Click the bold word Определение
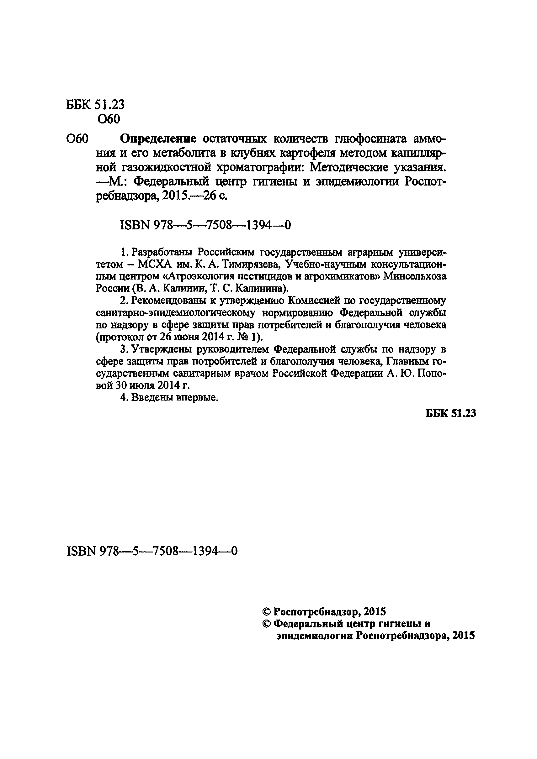(x=158, y=139)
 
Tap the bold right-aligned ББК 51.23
(x=450, y=413)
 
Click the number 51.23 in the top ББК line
(x=109, y=104)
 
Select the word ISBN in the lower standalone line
(x=81, y=551)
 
